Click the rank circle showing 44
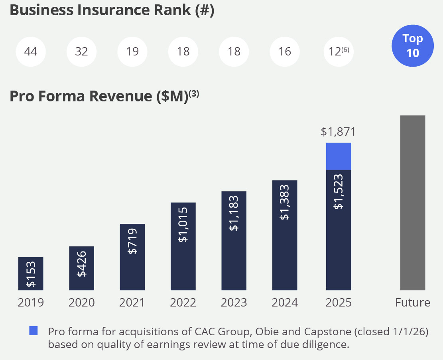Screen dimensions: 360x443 [31, 52]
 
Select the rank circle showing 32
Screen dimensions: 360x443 [81, 52]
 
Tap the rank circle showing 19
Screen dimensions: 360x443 [132, 52]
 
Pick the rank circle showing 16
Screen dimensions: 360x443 [285, 52]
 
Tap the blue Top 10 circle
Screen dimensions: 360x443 [413, 45]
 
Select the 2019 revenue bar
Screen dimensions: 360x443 [31, 273]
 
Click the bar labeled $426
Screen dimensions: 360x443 [81, 268]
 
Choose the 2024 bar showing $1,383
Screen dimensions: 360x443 [285, 235]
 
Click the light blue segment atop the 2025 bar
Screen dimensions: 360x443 [339, 156]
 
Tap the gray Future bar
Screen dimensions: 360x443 [413, 203]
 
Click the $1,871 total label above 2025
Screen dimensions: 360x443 [338, 132]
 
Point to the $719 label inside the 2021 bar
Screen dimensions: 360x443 [132, 241]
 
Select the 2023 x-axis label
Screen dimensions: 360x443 [234, 303]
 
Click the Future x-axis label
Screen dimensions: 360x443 [413, 303]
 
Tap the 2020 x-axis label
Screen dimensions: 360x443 [81, 303]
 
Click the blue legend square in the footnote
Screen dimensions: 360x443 [33, 330]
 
